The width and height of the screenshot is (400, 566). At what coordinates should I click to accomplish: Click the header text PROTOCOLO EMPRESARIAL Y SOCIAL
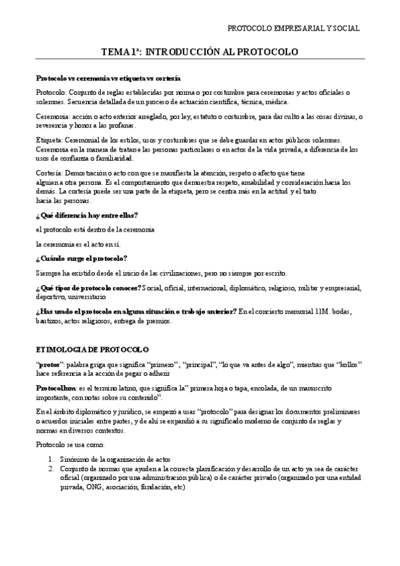point(293,29)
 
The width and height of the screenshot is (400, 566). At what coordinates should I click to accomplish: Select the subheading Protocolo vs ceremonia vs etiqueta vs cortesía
point(108,78)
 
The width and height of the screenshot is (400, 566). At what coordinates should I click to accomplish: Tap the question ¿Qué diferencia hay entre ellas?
point(87,214)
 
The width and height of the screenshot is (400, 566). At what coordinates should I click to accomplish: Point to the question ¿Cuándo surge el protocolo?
point(81,258)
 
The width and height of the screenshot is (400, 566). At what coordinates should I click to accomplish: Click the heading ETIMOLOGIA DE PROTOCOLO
point(92,349)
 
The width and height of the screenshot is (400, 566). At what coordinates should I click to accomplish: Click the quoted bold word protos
point(47,364)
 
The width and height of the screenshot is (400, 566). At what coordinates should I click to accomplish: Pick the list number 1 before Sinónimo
point(51,459)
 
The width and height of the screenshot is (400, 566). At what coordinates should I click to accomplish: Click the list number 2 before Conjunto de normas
point(51,469)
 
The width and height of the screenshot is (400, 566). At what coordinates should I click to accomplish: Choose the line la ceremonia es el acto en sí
point(78,244)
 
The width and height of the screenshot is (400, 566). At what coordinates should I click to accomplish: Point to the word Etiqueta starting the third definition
point(49,139)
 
